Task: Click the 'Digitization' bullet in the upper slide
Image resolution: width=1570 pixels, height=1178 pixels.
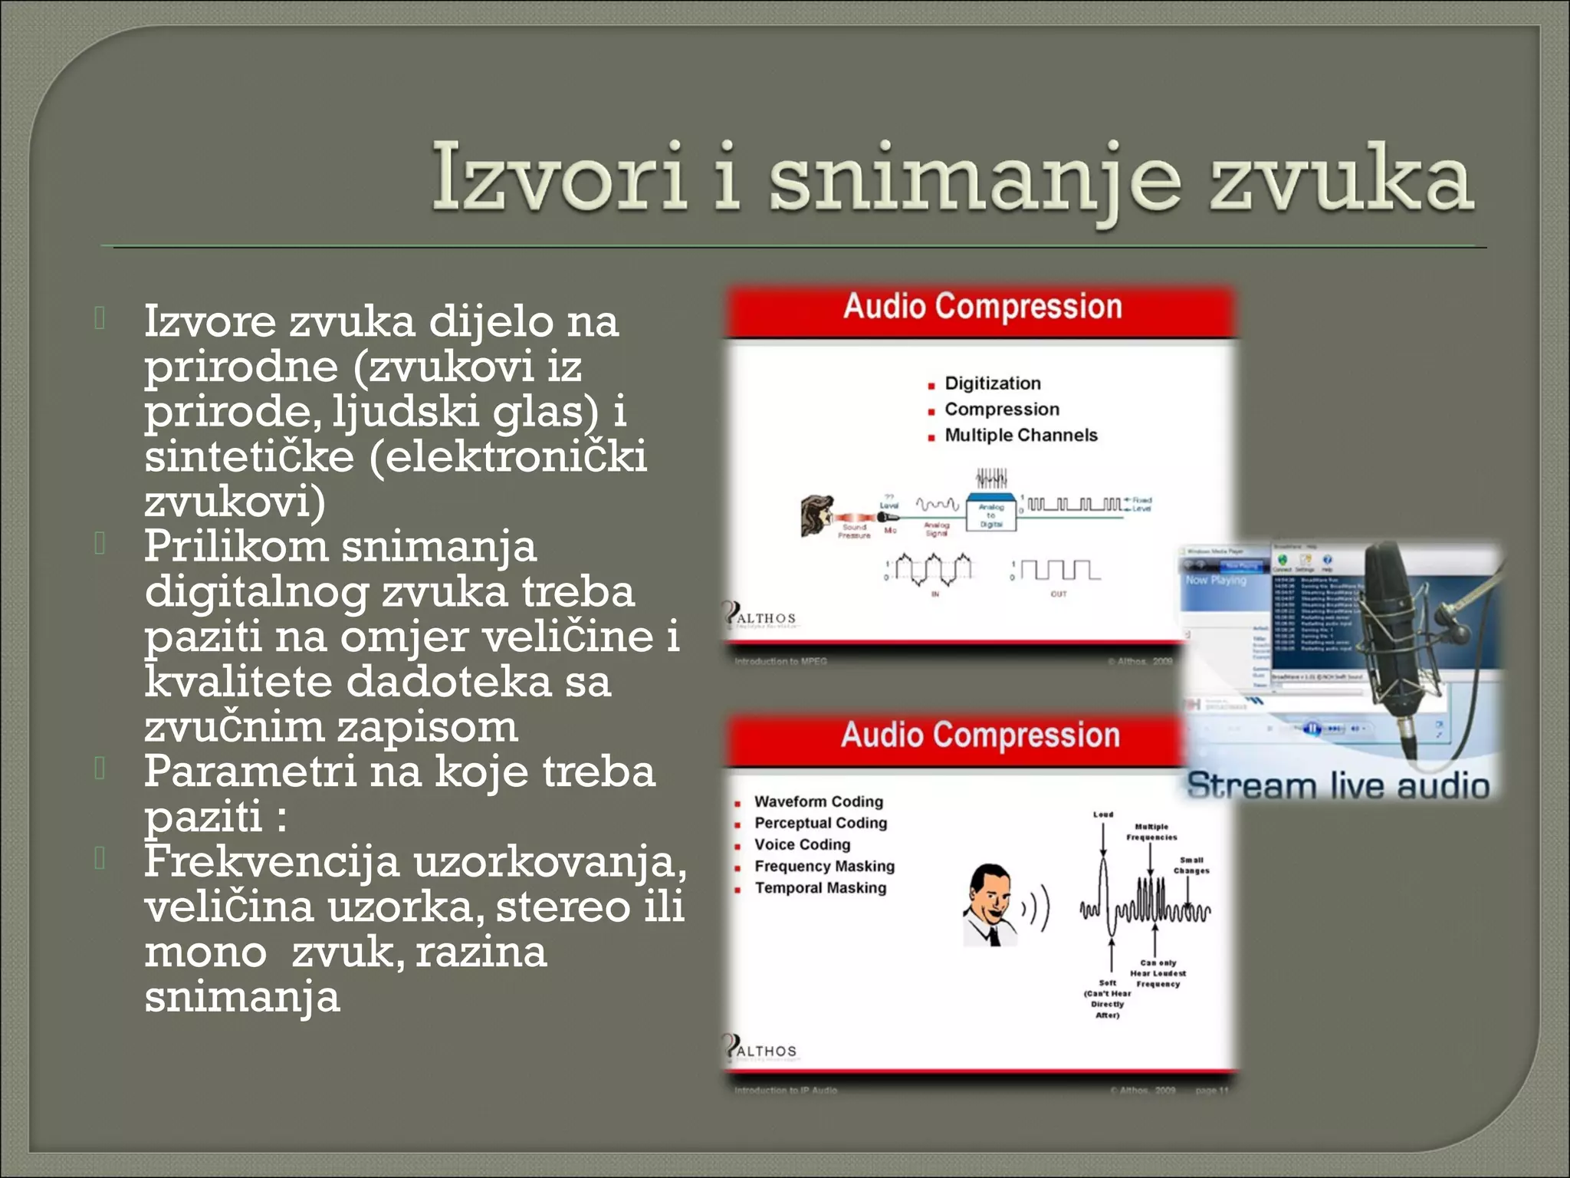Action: tap(992, 383)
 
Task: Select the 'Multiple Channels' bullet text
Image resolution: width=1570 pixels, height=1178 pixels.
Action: tap(1020, 436)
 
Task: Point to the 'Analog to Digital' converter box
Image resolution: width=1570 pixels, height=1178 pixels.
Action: tap(991, 515)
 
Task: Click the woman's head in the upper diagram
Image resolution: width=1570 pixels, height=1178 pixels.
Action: tap(817, 515)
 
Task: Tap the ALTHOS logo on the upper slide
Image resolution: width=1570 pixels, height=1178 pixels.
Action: tap(760, 617)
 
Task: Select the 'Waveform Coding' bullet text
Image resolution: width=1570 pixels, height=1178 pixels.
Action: tap(818, 801)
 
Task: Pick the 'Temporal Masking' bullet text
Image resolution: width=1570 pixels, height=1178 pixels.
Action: tap(819, 888)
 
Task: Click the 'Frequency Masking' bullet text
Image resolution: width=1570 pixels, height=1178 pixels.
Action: tap(824, 867)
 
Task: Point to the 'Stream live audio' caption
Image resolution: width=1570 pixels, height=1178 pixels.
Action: tap(1338, 786)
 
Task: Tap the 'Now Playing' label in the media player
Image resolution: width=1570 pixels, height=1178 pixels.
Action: tap(1216, 581)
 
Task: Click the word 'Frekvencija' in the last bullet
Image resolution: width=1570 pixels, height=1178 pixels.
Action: tap(271, 862)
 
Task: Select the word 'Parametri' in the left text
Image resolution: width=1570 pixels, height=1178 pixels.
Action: tap(250, 772)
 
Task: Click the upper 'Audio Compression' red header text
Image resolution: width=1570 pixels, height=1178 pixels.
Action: tap(982, 307)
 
